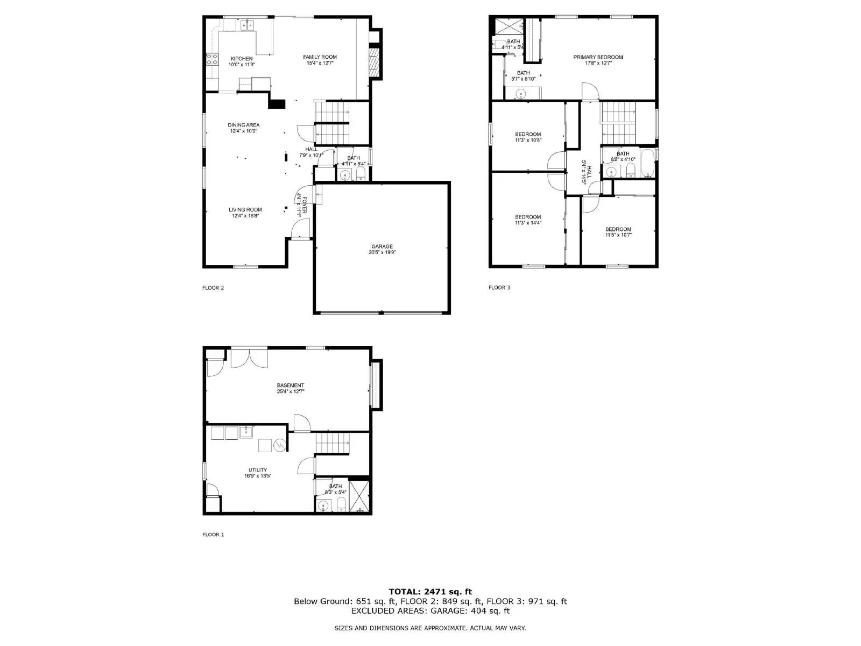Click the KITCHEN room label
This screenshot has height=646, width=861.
[242, 59]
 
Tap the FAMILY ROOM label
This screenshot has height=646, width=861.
[320, 57]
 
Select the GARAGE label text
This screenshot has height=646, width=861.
[382, 247]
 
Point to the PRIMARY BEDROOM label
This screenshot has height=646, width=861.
[598, 57]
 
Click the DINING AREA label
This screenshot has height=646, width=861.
[243, 125]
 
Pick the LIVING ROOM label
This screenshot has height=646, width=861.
[245, 210]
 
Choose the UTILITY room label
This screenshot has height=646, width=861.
[257, 470]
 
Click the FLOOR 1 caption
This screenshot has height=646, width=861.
[213, 535]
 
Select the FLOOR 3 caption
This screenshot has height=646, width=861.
[499, 287]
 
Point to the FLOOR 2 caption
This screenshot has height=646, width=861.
[213, 287]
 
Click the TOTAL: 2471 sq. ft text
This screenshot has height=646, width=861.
[430, 592]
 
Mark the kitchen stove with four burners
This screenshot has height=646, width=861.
[212, 59]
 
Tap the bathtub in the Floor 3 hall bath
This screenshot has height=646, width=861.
[647, 164]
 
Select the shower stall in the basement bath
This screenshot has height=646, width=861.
[359, 496]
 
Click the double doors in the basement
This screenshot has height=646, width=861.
[249, 359]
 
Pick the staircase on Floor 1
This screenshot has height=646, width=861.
[333, 443]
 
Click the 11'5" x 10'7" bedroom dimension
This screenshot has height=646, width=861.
[618, 235]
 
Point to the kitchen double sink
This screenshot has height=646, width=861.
[248, 24]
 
